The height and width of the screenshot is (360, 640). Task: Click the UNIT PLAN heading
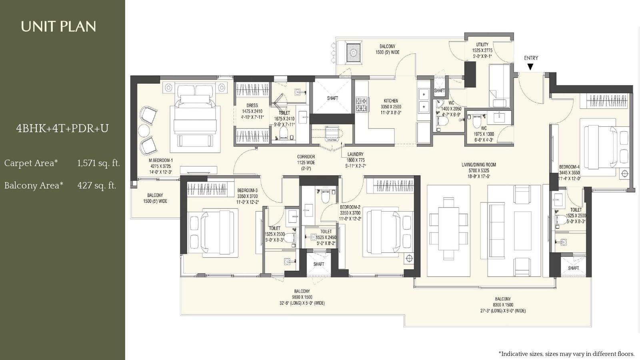pyautogui.click(x=58, y=26)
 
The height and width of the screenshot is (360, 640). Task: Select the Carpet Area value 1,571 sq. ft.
pyautogui.click(x=98, y=163)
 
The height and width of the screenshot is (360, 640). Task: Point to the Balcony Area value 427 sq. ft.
pyautogui.click(x=97, y=186)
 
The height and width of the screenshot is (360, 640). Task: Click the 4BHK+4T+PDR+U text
pyautogui.click(x=62, y=128)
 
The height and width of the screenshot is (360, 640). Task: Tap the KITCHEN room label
pyautogui.click(x=391, y=101)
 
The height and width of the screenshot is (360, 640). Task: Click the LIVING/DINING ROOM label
pyautogui.click(x=478, y=164)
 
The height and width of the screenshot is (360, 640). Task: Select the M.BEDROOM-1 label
pyautogui.click(x=160, y=160)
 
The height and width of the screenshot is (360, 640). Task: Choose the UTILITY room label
pyautogui.click(x=482, y=44)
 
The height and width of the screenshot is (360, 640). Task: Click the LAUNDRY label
pyautogui.click(x=355, y=154)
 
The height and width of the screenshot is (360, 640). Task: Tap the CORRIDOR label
pyautogui.click(x=306, y=157)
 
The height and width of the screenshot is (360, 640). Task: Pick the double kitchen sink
pyautogui.click(x=423, y=100)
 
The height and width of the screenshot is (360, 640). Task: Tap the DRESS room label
pyautogui.click(x=252, y=106)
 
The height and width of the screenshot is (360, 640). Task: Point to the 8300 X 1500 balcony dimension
pyautogui.click(x=502, y=305)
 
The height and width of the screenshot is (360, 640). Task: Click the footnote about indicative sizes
pyautogui.click(x=566, y=354)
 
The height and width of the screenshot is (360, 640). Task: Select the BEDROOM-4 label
pyautogui.click(x=569, y=167)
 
